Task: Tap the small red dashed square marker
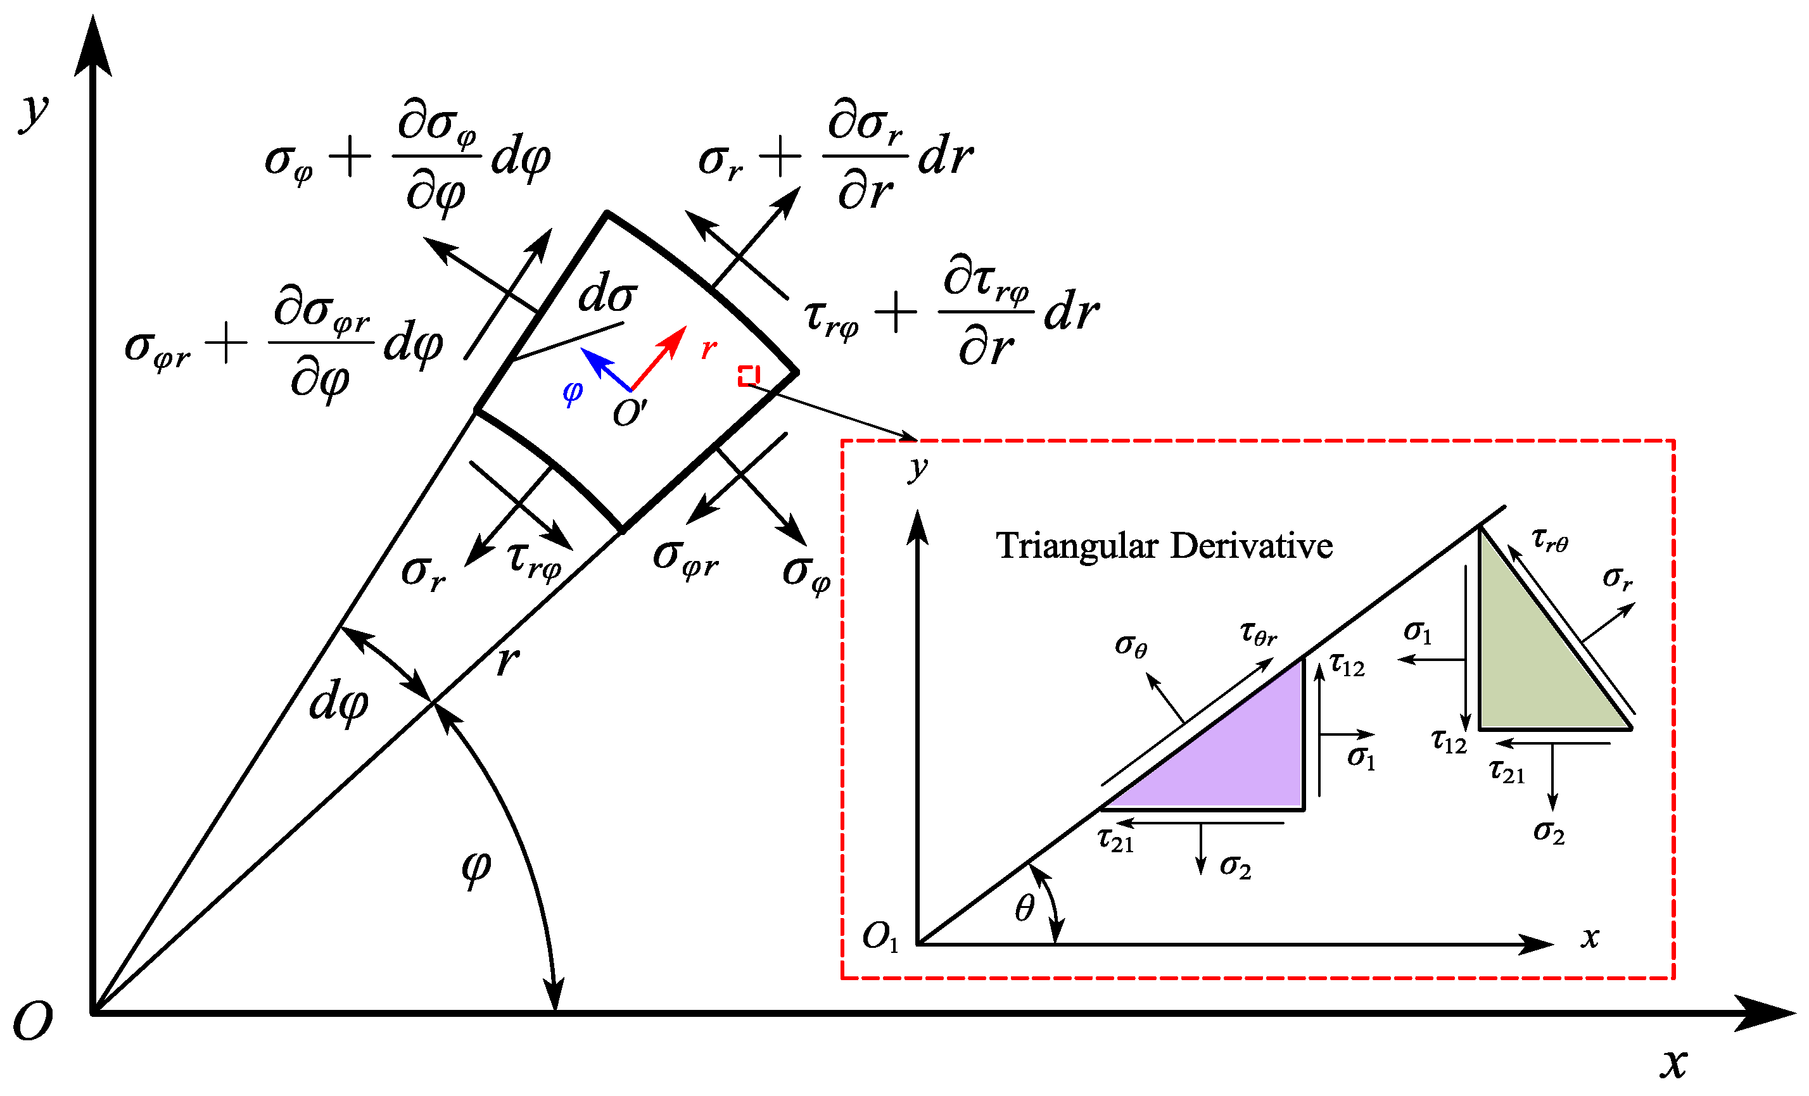click(x=748, y=376)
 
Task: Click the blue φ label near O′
click(x=573, y=392)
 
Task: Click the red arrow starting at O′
click(x=658, y=358)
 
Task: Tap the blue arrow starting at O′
click(x=605, y=368)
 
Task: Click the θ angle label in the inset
click(x=1025, y=909)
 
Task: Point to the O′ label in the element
click(x=629, y=413)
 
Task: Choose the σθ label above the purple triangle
click(x=1131, y=645)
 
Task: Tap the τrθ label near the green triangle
click(x=1550, y=540)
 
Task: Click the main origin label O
click(x=33, y=1021)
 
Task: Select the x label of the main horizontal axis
click(x=1674, y=1062)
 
